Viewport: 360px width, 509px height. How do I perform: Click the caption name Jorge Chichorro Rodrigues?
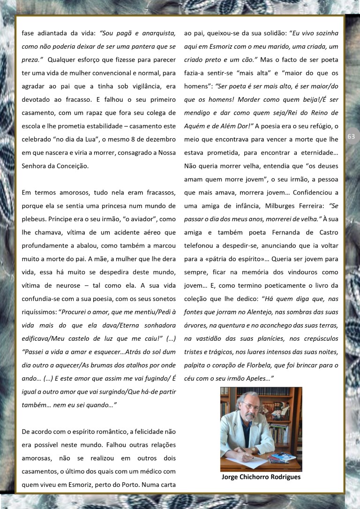(x=261, y=477)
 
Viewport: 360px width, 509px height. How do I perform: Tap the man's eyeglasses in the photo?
(x=251, y=405)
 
